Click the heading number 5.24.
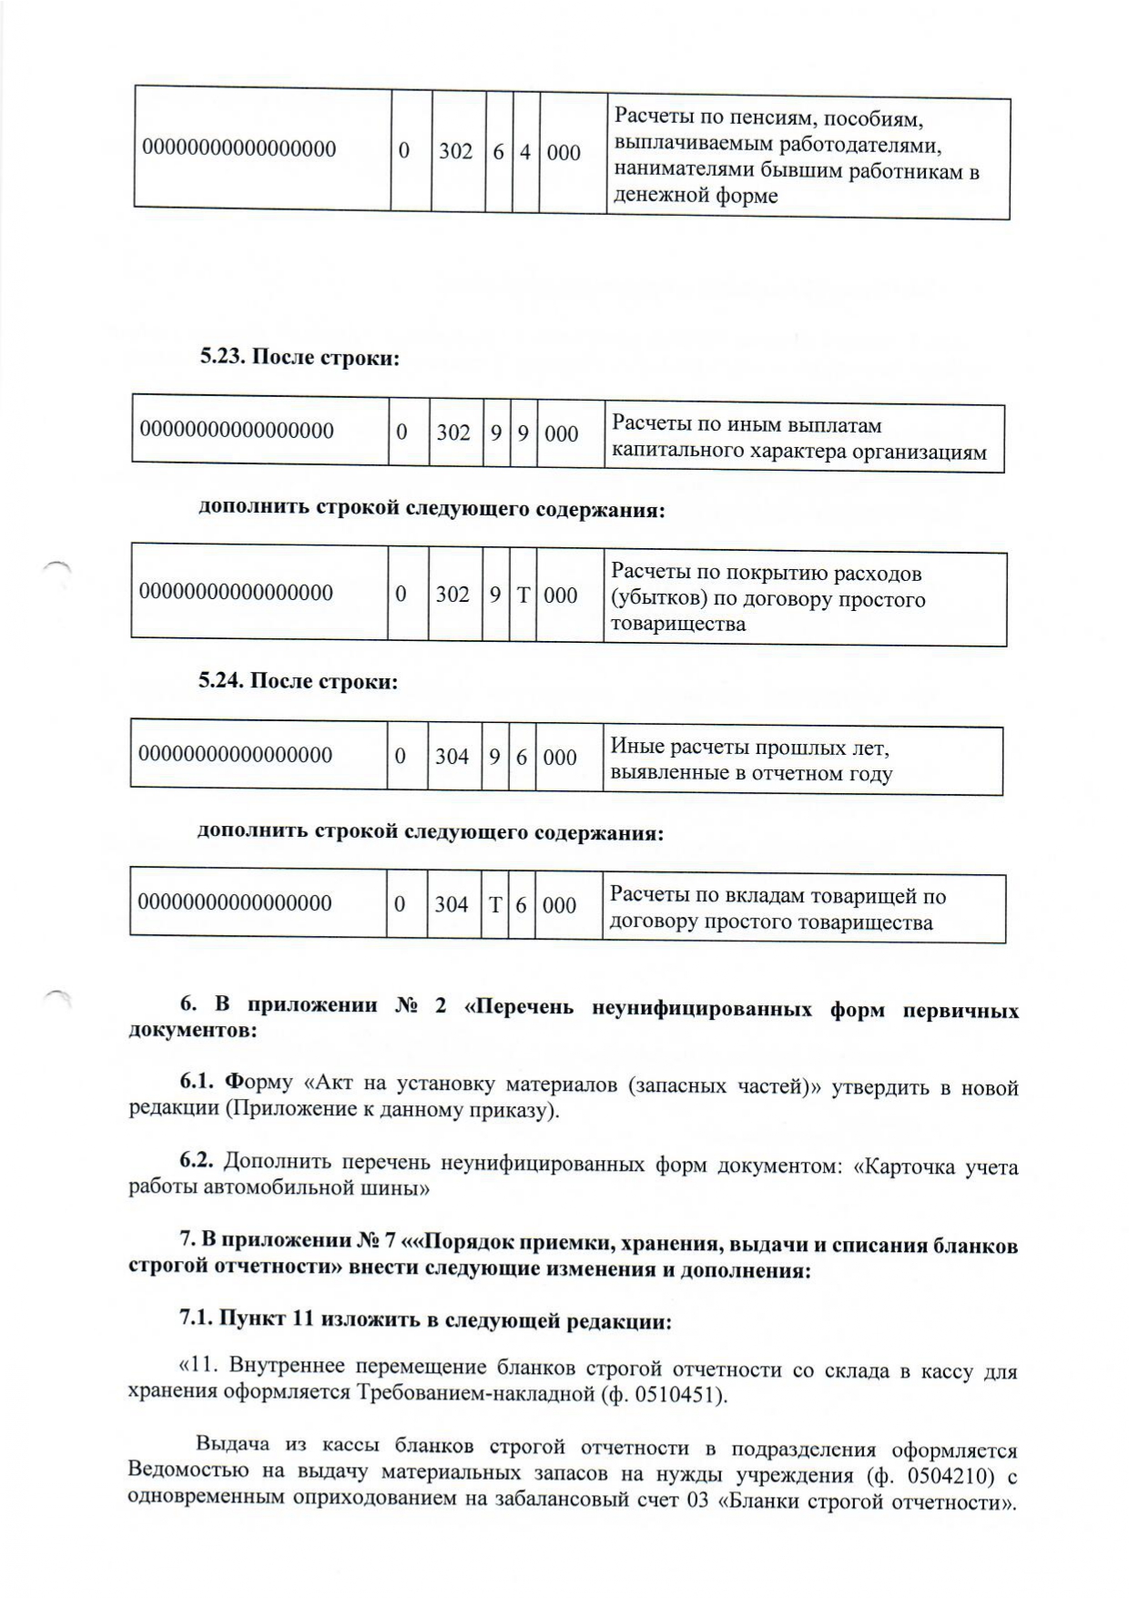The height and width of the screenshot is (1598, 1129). tap(221, 681)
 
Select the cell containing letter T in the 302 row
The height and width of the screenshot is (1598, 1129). tap(523, 595)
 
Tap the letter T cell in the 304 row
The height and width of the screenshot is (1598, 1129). tap(495, 904)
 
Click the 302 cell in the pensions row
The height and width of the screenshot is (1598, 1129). tap(455, 151)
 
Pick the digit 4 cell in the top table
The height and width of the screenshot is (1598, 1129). tap(525, 151)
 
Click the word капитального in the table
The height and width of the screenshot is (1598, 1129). tap(669, 452)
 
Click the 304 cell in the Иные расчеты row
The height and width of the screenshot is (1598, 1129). tap(452, 757)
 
